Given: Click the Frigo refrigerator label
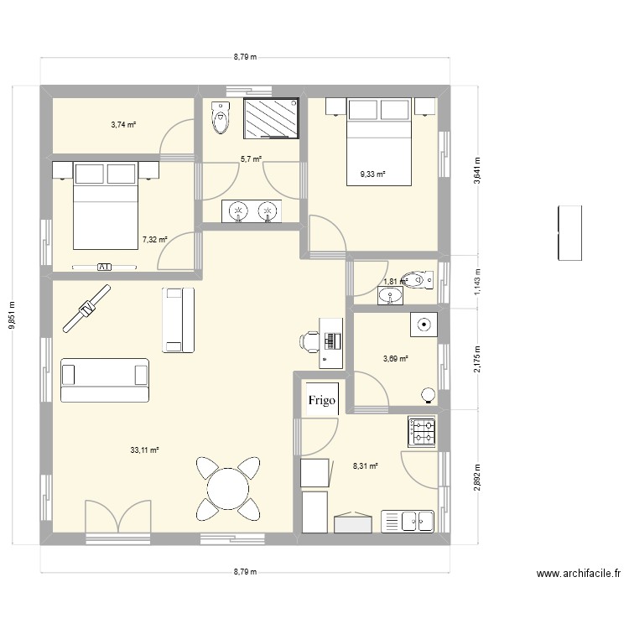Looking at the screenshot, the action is coord(322,400).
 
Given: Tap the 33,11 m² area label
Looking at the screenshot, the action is coord(144,450).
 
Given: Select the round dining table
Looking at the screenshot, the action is coord(228,488).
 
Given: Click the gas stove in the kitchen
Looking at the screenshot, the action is coord(422,431).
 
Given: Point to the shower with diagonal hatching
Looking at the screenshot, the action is coord(271,118).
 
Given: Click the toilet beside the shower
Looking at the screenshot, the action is coord(221,117).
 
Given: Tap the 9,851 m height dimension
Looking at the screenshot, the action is coord(12,314).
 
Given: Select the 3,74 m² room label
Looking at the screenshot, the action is coord(123,125).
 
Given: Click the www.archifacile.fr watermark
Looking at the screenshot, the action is coord(579,574).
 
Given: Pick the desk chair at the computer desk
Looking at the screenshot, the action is coord(309,341).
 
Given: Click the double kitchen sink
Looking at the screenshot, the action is coord(407,522).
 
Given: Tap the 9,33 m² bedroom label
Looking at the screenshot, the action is coord(372,174).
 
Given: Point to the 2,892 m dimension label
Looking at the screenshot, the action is coord(477,477).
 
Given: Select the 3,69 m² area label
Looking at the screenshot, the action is coord(396,359).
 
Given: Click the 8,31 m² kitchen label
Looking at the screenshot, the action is coord(366,466).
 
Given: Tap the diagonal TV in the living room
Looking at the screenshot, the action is coord(86,309).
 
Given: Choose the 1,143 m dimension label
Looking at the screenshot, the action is coord(477,282).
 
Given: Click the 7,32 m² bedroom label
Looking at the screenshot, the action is coord(155,240).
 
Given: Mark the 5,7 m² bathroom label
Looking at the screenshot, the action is coord(251,159).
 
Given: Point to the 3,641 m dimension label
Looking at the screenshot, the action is coord(477,170).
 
